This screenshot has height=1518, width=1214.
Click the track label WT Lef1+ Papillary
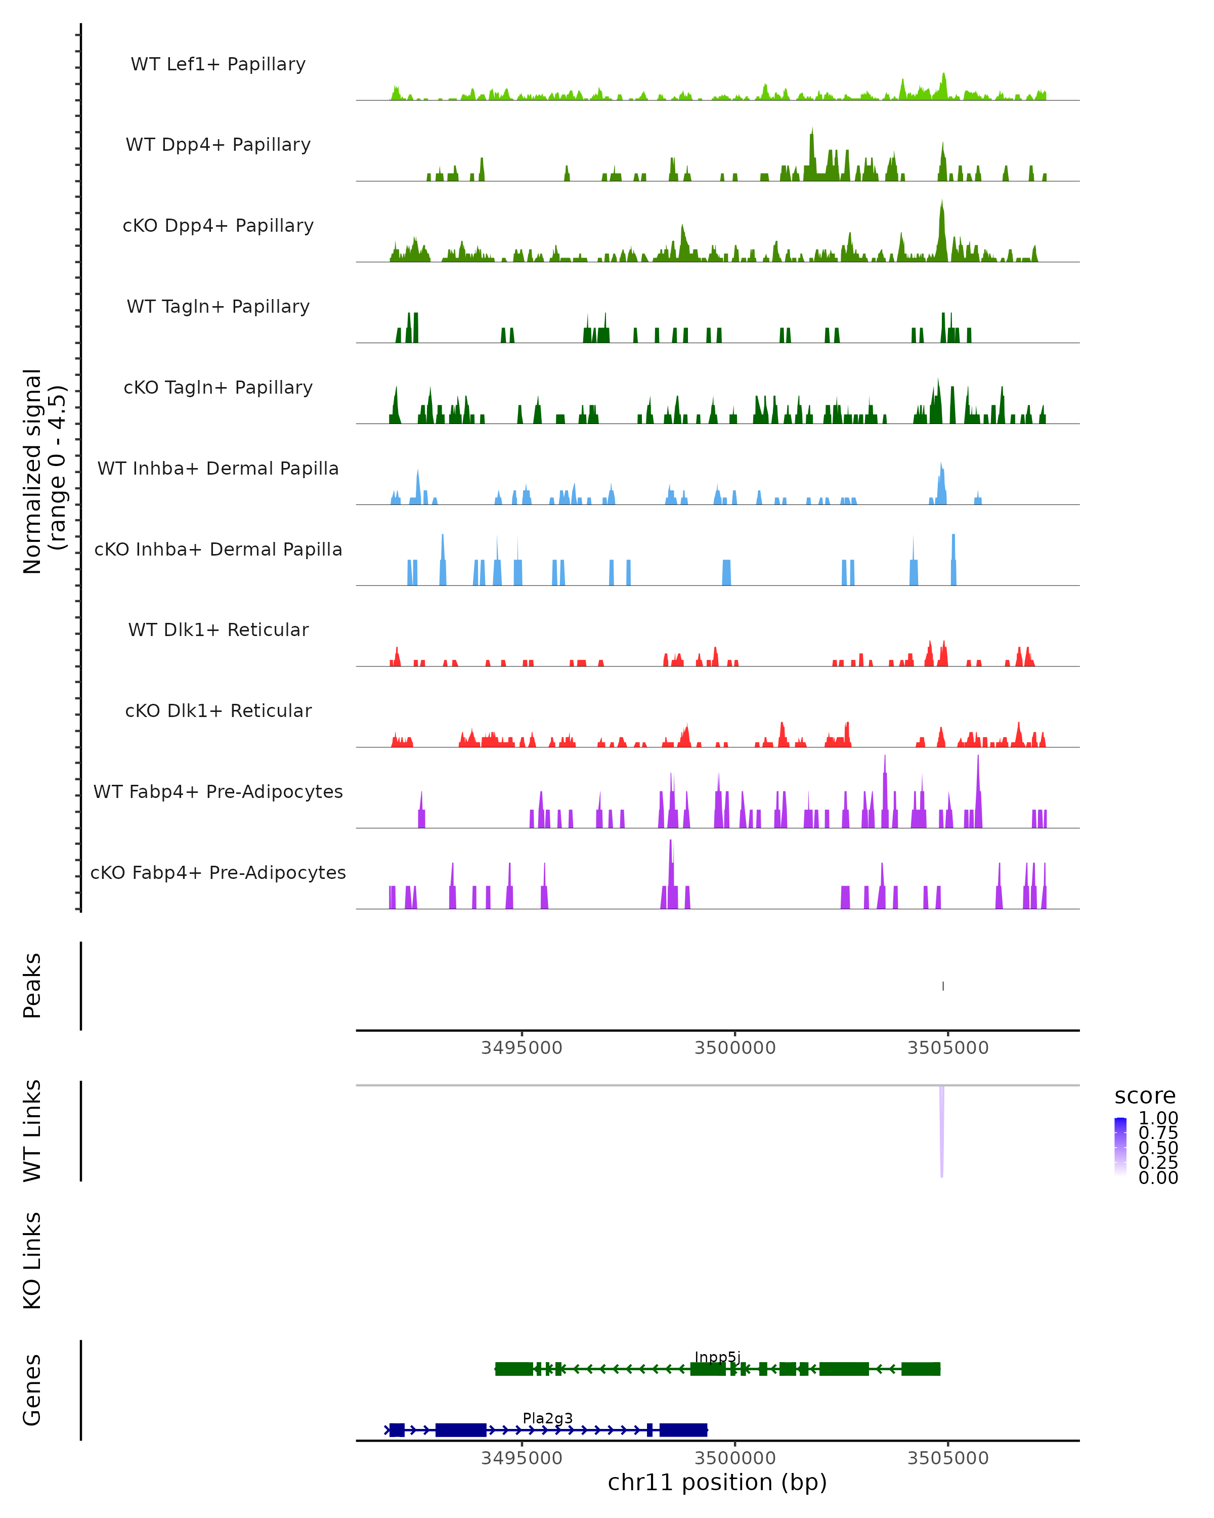coord(218,64)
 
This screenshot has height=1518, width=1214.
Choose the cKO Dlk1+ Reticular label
coord(218,710)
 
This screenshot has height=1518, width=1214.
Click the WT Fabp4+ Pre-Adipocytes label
coord(218,791)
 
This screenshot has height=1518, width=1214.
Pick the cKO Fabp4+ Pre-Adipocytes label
coord(218,872)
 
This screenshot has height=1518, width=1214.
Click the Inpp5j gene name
coord(717,1358)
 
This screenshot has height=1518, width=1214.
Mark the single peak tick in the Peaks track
coord(943,986)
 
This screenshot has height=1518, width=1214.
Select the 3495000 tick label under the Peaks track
coord(522,1048)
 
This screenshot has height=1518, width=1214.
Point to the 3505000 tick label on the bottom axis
coord(948,1458)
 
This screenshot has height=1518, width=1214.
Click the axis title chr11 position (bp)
coord(717,1483)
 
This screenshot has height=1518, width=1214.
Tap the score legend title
coord(1145,1097)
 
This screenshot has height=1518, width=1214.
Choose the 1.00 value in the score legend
coord(1158,1118)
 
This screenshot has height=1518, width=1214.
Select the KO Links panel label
coord(32,1260)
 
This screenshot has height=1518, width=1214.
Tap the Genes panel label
coord(32,1390)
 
